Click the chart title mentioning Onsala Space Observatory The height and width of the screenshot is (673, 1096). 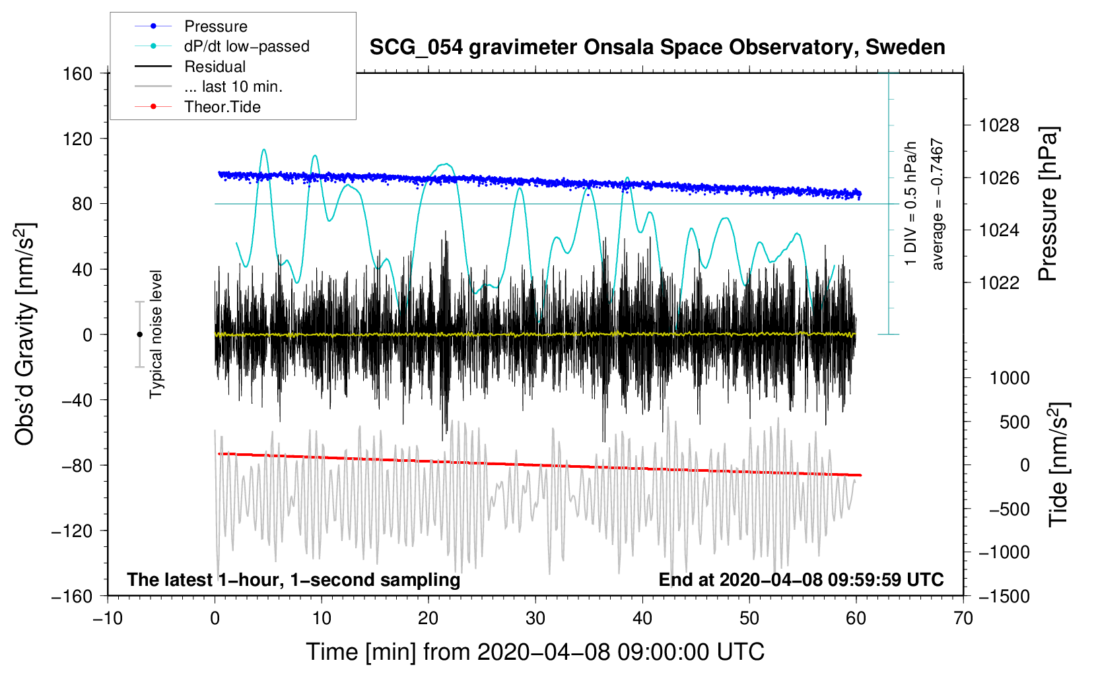point(657,48)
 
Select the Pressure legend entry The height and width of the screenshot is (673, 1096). point(215,26)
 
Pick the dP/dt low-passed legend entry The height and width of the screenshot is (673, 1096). point(246,46)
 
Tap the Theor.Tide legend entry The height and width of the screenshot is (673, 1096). point(222,107)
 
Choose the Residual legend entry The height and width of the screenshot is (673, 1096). point(215,67)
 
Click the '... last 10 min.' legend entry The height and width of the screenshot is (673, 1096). point(233,86)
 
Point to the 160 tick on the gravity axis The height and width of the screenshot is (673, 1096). point(78,73)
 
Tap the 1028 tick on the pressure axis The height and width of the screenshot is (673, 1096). point(999,125)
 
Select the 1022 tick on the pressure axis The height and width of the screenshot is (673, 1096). point(999,282)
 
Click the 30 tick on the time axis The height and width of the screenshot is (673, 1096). point(535,618)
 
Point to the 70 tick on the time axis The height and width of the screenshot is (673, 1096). point(963,618)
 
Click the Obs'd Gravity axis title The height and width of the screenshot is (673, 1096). point(25,335)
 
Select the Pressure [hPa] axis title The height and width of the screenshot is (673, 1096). point(1048,205)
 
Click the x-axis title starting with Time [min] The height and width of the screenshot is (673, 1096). point(535,652)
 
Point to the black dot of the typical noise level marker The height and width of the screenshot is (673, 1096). point(139,335)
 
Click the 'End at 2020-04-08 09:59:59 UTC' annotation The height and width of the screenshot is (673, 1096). point(801,579)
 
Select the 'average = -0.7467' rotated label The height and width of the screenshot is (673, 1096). point(938,205)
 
